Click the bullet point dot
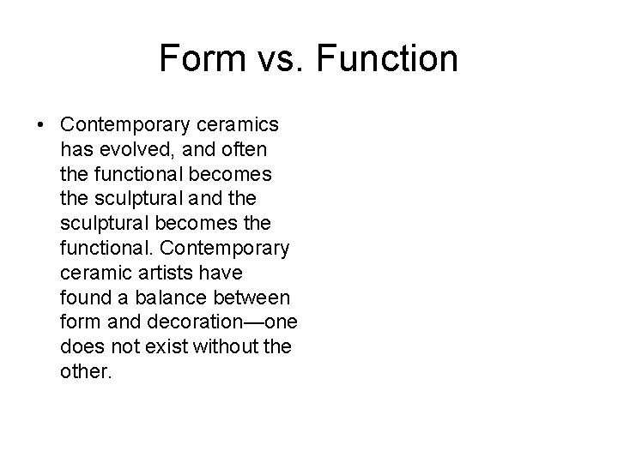click(x=42, y=125)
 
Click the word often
click(x=245, y=148)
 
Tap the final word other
click(x=86, y=372)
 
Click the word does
click(x=82, y=347)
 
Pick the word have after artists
click(x=225, y=272)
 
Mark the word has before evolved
click(x=76, y=148)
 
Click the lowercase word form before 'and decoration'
click(x=80, y=322)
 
